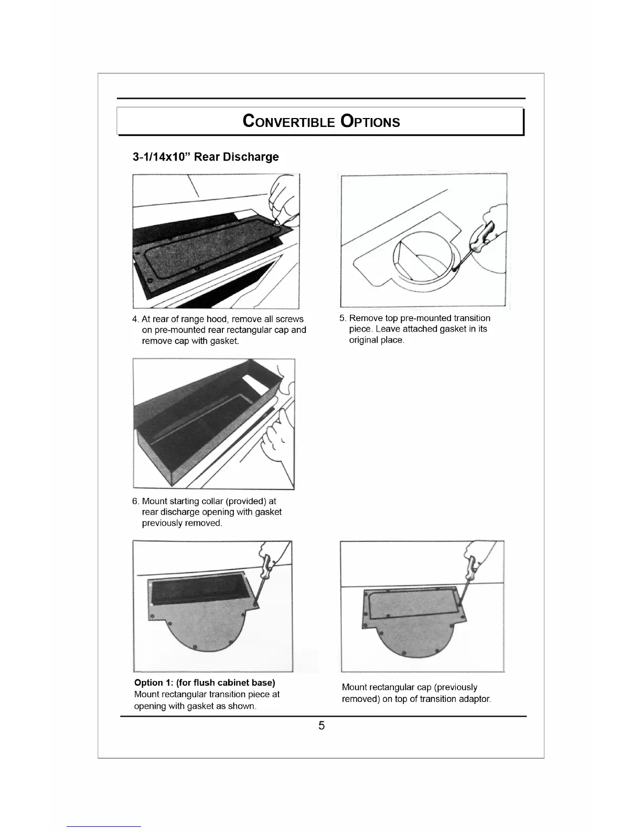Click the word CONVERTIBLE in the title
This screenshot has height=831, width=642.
[288, 122]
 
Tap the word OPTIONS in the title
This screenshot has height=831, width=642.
[370, 122]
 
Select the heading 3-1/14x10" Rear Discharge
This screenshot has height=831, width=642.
[206, 157]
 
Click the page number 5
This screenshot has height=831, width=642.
[322, 726]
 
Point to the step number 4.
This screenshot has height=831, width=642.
[135, 319]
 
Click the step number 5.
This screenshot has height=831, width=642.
[343, 318]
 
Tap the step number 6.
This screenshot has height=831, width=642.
[135, 501]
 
